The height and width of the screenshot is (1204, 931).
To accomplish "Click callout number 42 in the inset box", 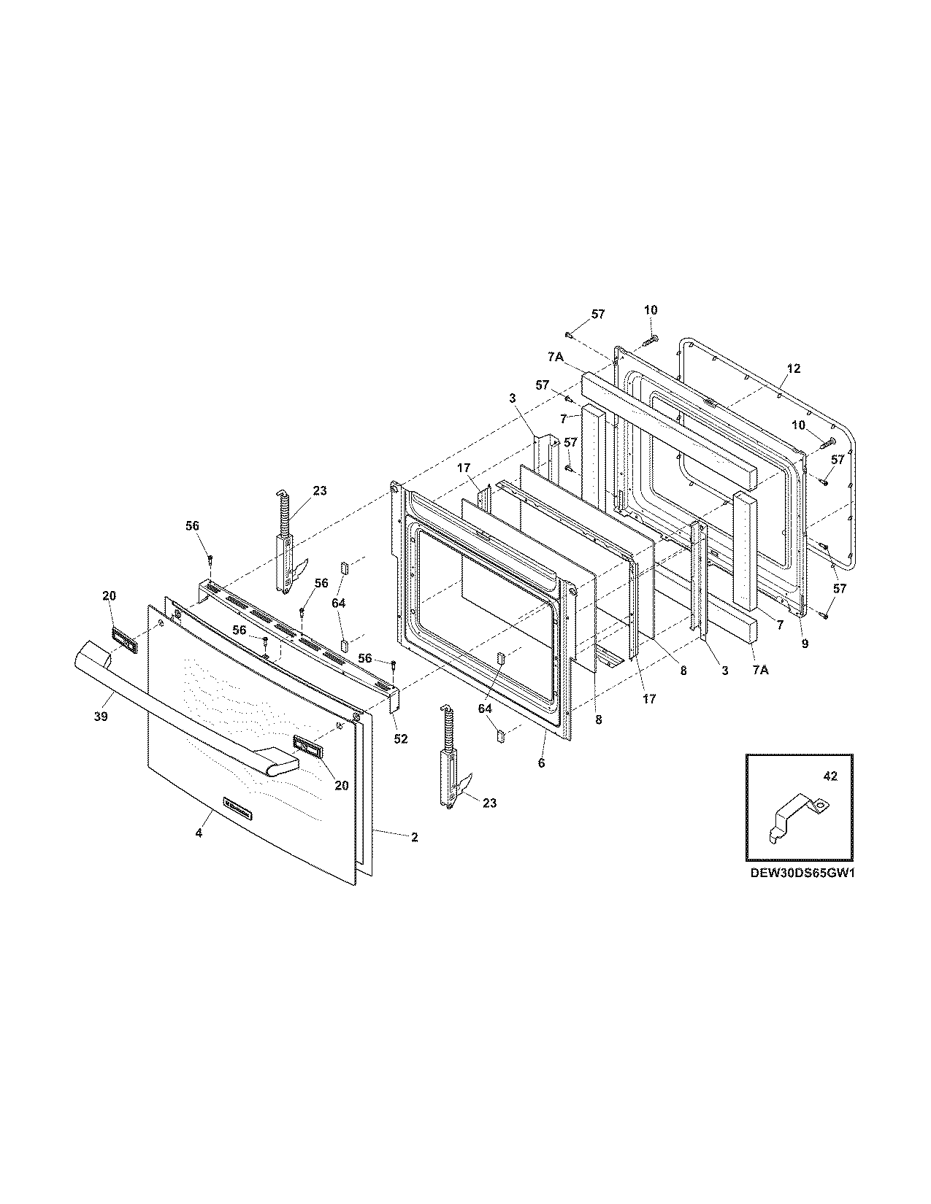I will (x=830, y=777).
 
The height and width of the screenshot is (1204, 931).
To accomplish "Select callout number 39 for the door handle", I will (x=101, y=717).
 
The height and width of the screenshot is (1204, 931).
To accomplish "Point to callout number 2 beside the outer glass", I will (x=414, y=837).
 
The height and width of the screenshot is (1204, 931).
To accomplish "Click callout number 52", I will (x=400, y=738).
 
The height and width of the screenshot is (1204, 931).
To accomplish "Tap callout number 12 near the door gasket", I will (x=794, y=369).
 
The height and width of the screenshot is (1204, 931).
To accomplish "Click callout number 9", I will (x=805, y=644).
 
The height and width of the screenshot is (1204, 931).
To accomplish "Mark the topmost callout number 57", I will (x=598, y=314).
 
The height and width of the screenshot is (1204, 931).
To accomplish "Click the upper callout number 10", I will (x=651, y=310).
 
